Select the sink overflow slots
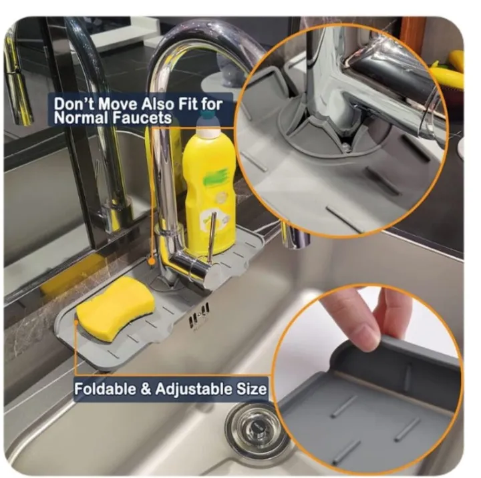(199, 316)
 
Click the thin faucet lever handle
(212, 233)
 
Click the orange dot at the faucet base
(151, 261)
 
